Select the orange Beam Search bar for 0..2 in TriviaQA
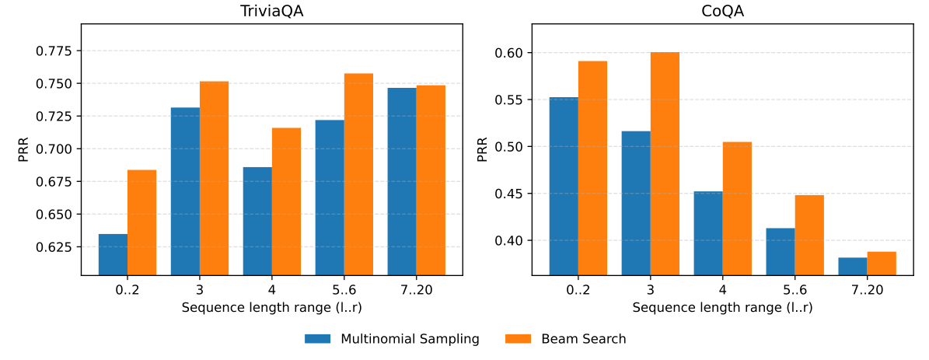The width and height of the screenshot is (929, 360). (x=141, y=222)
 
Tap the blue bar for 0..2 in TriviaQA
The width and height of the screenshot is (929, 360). (x=113, y=253)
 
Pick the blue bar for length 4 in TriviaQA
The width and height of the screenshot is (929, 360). (x=257, y=221)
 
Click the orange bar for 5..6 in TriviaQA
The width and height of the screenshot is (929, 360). (x=358, y=173)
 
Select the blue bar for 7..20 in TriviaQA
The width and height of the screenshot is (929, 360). (x=402, y=181)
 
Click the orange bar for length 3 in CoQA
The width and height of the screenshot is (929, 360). (x=665, y=163)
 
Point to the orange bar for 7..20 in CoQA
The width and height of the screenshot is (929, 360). (x=882, y=263)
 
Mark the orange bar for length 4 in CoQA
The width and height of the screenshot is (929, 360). (x=737, y=208)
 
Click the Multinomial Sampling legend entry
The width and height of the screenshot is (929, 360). (x=392, y=339)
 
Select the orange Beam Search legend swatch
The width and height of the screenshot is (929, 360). (x=519, y=339)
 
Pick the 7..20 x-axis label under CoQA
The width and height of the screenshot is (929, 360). (x=867, y=290)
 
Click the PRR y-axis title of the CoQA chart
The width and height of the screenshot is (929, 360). (x=483, y=149)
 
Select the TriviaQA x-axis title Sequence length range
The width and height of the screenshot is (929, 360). (x=271, y=307)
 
